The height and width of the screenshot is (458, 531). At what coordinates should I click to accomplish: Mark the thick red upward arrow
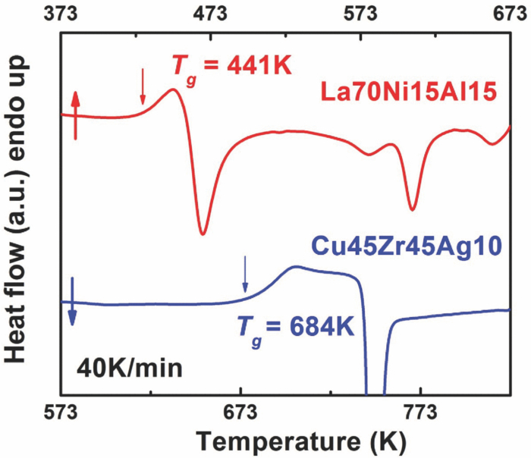tap(75, 114)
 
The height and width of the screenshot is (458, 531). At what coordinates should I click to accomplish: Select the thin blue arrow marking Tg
tap(244, 274)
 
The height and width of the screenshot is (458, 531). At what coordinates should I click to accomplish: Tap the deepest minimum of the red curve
tap(202, 233)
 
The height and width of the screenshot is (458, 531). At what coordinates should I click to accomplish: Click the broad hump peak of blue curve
tap(296, 267)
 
